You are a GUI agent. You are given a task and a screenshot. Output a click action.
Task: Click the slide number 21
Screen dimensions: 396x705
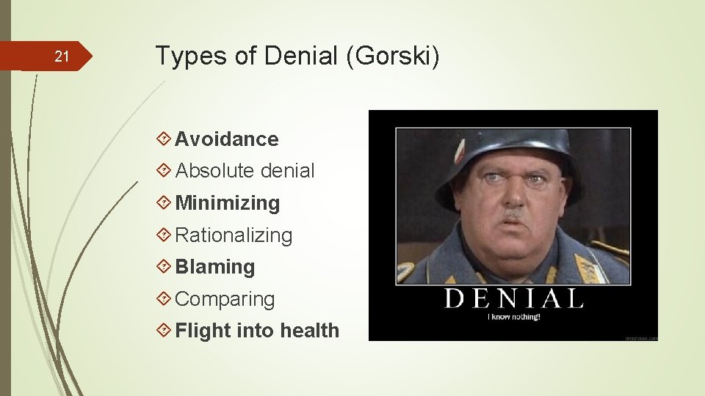[62, 56]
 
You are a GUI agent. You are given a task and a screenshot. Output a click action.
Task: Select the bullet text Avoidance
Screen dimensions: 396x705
[227, 139]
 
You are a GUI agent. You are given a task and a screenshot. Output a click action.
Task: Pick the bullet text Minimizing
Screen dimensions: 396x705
[228, 203]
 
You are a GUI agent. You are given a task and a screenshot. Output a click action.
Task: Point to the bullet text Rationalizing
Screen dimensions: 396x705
[234, 235]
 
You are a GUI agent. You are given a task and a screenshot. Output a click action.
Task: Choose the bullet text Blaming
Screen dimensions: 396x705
[215, 267]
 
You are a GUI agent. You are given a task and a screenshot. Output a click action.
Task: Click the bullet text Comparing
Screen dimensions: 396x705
[225, 299]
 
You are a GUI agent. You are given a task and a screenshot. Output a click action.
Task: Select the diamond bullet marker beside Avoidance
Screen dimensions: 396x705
[164, 139]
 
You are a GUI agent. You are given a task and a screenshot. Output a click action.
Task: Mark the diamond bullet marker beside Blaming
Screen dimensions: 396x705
[164, 267]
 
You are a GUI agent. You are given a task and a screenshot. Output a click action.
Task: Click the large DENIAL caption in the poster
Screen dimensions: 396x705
[513, 299]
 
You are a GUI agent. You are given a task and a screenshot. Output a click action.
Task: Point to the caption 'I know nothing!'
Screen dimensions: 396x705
[514, 317]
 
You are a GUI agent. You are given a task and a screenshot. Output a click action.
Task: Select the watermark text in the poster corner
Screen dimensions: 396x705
[640, 337]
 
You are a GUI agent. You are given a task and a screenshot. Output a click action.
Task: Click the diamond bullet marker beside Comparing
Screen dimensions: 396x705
[164, 299]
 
